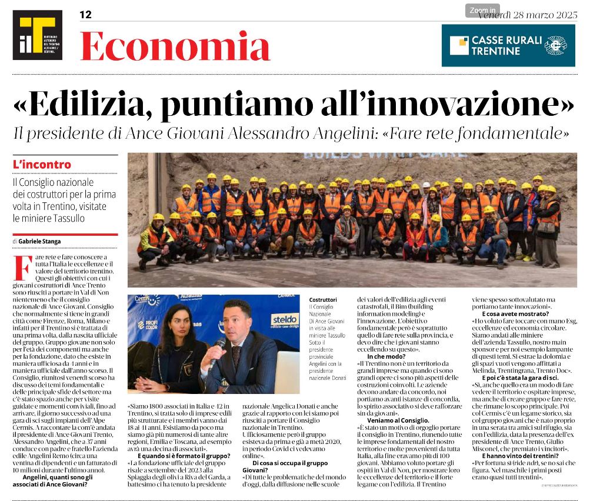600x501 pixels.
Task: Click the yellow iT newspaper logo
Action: pos(37,35)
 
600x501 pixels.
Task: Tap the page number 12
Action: pos(85,15)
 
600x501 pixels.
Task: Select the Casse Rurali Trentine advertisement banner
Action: pos(508,45)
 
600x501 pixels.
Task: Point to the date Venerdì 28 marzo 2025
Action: pos(528,15)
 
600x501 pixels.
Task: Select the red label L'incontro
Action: pos(42,165)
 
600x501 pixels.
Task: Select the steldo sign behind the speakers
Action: pos(284,321)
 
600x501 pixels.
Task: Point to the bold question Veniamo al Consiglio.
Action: pos(398,420)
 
